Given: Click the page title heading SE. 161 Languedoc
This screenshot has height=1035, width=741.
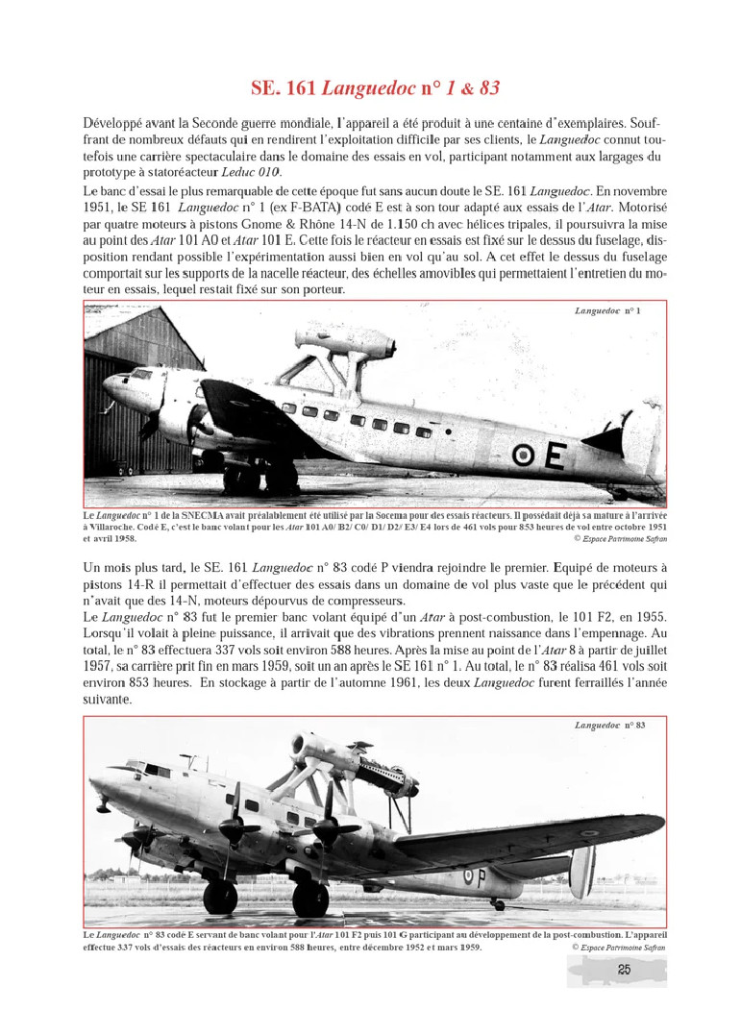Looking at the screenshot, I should [374, 88].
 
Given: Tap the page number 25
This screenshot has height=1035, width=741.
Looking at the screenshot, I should [623, 971].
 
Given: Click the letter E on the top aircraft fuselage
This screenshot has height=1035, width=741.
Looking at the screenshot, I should [555, 456].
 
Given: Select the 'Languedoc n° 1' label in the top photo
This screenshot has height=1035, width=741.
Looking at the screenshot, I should [607, 311].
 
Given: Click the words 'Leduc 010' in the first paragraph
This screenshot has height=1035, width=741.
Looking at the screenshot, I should [251, 172].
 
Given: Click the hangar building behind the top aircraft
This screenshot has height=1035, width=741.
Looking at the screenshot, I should [135, 384].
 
